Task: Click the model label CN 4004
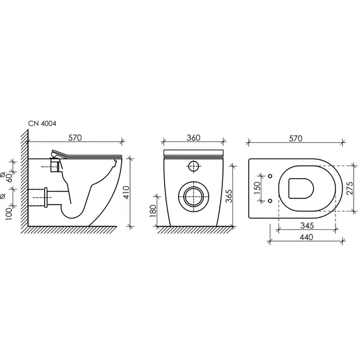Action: click(42, 123)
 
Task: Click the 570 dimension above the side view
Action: click(75, 138)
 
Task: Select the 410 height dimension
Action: click(126, 192)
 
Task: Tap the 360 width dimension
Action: click(193, 138)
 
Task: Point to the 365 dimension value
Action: click(229, 196)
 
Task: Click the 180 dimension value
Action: click(153, 211)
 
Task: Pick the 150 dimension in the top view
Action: click(258, 188)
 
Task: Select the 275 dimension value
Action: click(350, 188)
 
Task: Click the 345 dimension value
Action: click(307, 225)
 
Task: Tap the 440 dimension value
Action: click(306, 237)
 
